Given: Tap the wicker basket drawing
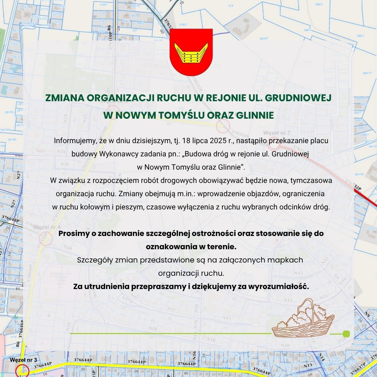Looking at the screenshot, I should coord(303,318).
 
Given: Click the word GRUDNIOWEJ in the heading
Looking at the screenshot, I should coord(298,98).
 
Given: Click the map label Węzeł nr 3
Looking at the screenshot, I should coord(23,360).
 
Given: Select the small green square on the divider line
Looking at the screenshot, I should coord(346,334).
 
